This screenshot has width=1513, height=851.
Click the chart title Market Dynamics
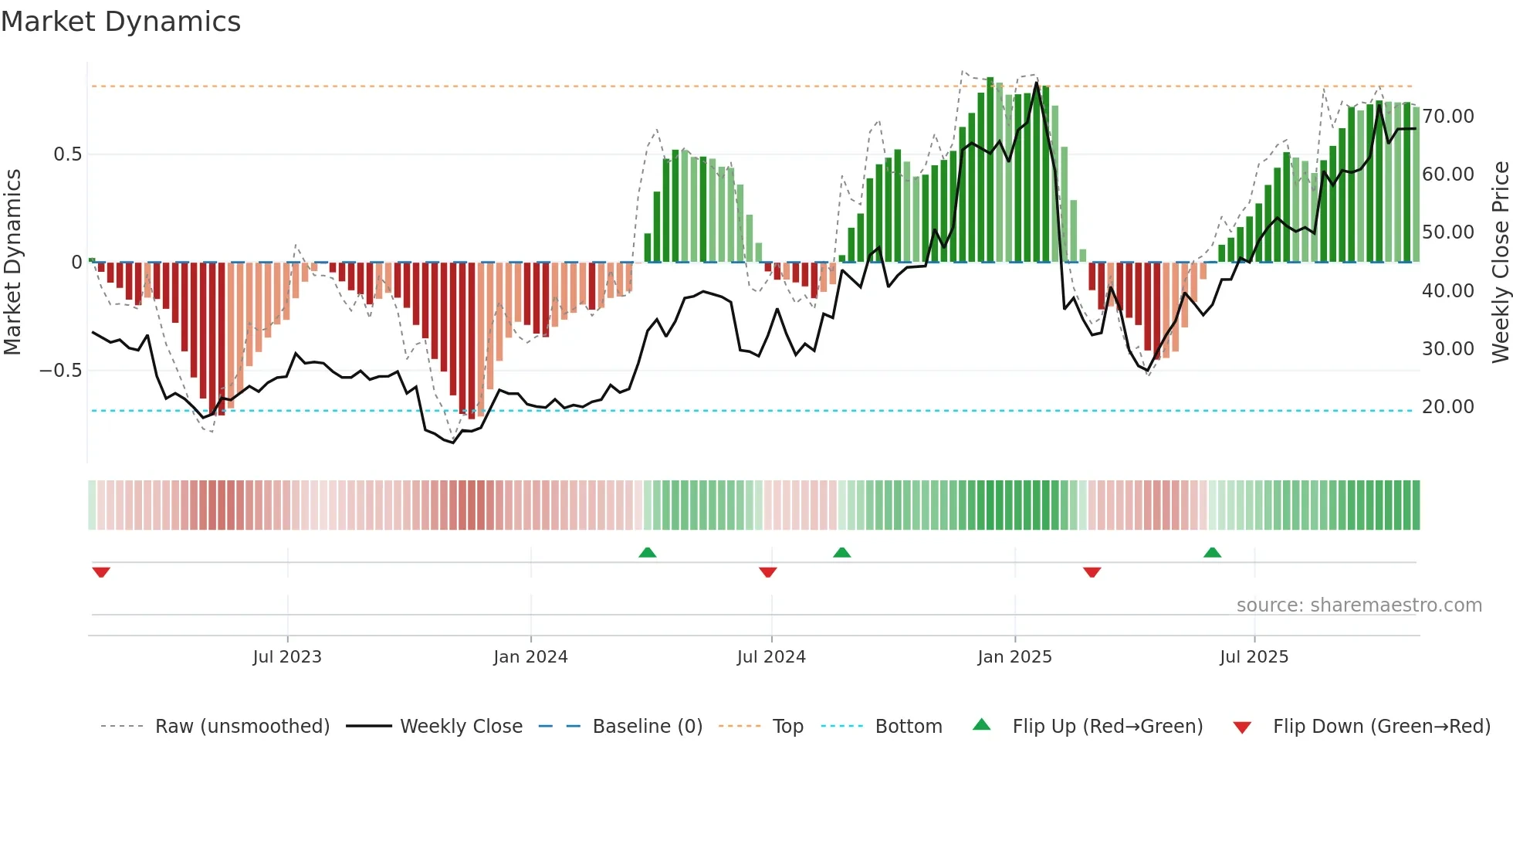pos(120,22)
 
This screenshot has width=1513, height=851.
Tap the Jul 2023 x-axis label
pos(287,657)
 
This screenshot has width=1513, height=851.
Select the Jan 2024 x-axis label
pos(530,657)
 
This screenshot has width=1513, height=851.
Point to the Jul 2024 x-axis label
pos(771,657)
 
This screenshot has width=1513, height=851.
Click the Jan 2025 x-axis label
pos(1014,657)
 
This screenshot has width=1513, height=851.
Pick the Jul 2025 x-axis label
pos(1254,657)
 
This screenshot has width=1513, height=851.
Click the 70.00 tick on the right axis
pos(1448,117)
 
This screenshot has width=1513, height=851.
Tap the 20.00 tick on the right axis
pos(1448,407)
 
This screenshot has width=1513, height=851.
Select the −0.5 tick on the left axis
pos(61,371)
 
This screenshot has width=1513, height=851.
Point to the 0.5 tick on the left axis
pos(67,154)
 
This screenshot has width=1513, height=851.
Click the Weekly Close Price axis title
pos(1500,262)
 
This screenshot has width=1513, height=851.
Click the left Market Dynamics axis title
pos(12,262)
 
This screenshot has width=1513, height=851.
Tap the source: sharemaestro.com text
pos(1359,605)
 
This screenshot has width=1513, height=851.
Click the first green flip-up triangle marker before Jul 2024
pos(648,553)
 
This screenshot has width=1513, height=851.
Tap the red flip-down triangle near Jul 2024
pos(767,572)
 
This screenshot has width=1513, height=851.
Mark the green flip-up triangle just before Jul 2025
pos(1212,553)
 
